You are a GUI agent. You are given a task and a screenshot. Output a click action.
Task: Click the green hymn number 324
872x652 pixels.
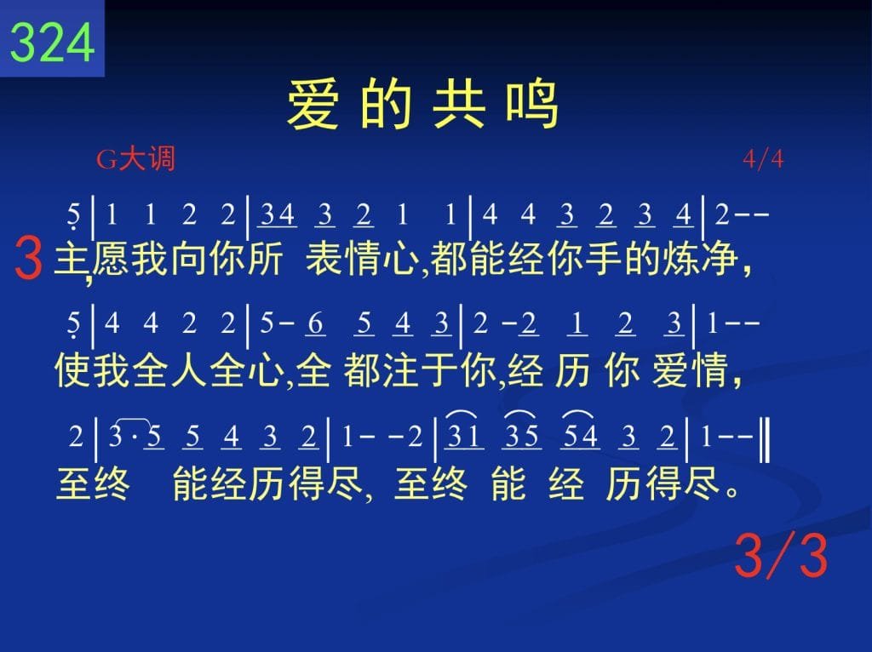click(x=52, y=43)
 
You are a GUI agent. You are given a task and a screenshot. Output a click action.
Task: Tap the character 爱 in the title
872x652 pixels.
click(x=313, y=105)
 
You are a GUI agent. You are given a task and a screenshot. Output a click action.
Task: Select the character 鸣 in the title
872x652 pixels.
click(x=531, y=105)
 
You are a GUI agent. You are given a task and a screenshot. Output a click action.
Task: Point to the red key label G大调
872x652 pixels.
click(x=135, y=159)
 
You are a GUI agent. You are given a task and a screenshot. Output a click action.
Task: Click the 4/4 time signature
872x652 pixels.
click(x=763, y=159)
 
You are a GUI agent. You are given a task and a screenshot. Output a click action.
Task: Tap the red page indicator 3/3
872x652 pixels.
click(x=781, y=555)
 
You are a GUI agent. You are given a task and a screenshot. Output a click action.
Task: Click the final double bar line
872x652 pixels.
click(x=766, y=440)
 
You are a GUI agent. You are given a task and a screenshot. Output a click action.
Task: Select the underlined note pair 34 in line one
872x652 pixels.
click(x=278, y=215)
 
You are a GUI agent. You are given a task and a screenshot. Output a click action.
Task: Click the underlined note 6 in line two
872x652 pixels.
click(x=315, y=323)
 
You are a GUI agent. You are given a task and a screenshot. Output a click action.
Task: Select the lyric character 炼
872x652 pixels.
click(x=682, y=260)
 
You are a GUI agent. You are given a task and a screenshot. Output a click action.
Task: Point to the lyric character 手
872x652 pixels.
click(x=605, y=260)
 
